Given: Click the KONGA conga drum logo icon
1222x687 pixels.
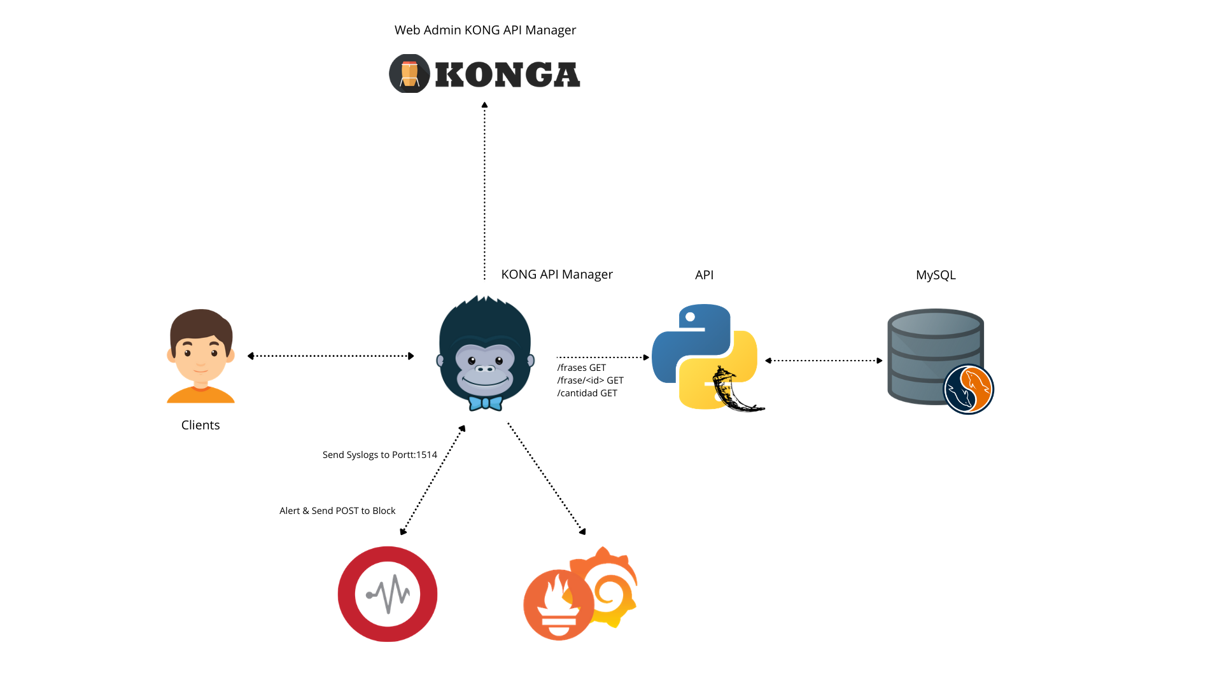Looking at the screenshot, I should [x=409, y=74].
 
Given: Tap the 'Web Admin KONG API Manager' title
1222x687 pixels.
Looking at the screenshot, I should [x=485, y=31].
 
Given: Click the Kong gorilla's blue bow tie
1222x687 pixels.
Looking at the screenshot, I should [x=486, y=403].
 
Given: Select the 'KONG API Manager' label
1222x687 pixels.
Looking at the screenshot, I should [x=556, y=275].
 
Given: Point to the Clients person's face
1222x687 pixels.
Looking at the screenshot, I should [x=201, y=353].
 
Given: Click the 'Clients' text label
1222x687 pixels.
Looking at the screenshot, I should [x=200, y=426].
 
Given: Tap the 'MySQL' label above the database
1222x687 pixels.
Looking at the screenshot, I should [x=936, y=275].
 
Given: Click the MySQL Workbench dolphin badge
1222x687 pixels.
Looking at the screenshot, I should [x=968, y=389].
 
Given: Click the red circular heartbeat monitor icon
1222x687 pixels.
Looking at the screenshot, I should [x=388, y=594].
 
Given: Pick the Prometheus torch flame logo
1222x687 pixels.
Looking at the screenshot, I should [x=559, y=605].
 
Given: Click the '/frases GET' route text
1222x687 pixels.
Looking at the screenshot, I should [x=582, y=368].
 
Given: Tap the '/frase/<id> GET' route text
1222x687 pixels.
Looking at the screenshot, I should [x=591, y=380].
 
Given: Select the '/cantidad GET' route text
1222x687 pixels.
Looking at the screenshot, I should [x=587, y=393].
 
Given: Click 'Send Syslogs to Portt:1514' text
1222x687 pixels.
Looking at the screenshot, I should [x=380, y=455].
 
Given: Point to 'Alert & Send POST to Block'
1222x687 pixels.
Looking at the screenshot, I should [x=337, y=511].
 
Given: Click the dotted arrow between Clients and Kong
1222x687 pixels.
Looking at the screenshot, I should [x=331, y=356].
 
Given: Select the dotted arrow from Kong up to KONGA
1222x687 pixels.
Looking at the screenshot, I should [x=484, y=191].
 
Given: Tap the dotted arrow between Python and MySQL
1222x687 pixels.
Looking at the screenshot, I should [x=824, y=361].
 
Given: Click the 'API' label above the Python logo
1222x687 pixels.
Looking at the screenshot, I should [x=704, y=275].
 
